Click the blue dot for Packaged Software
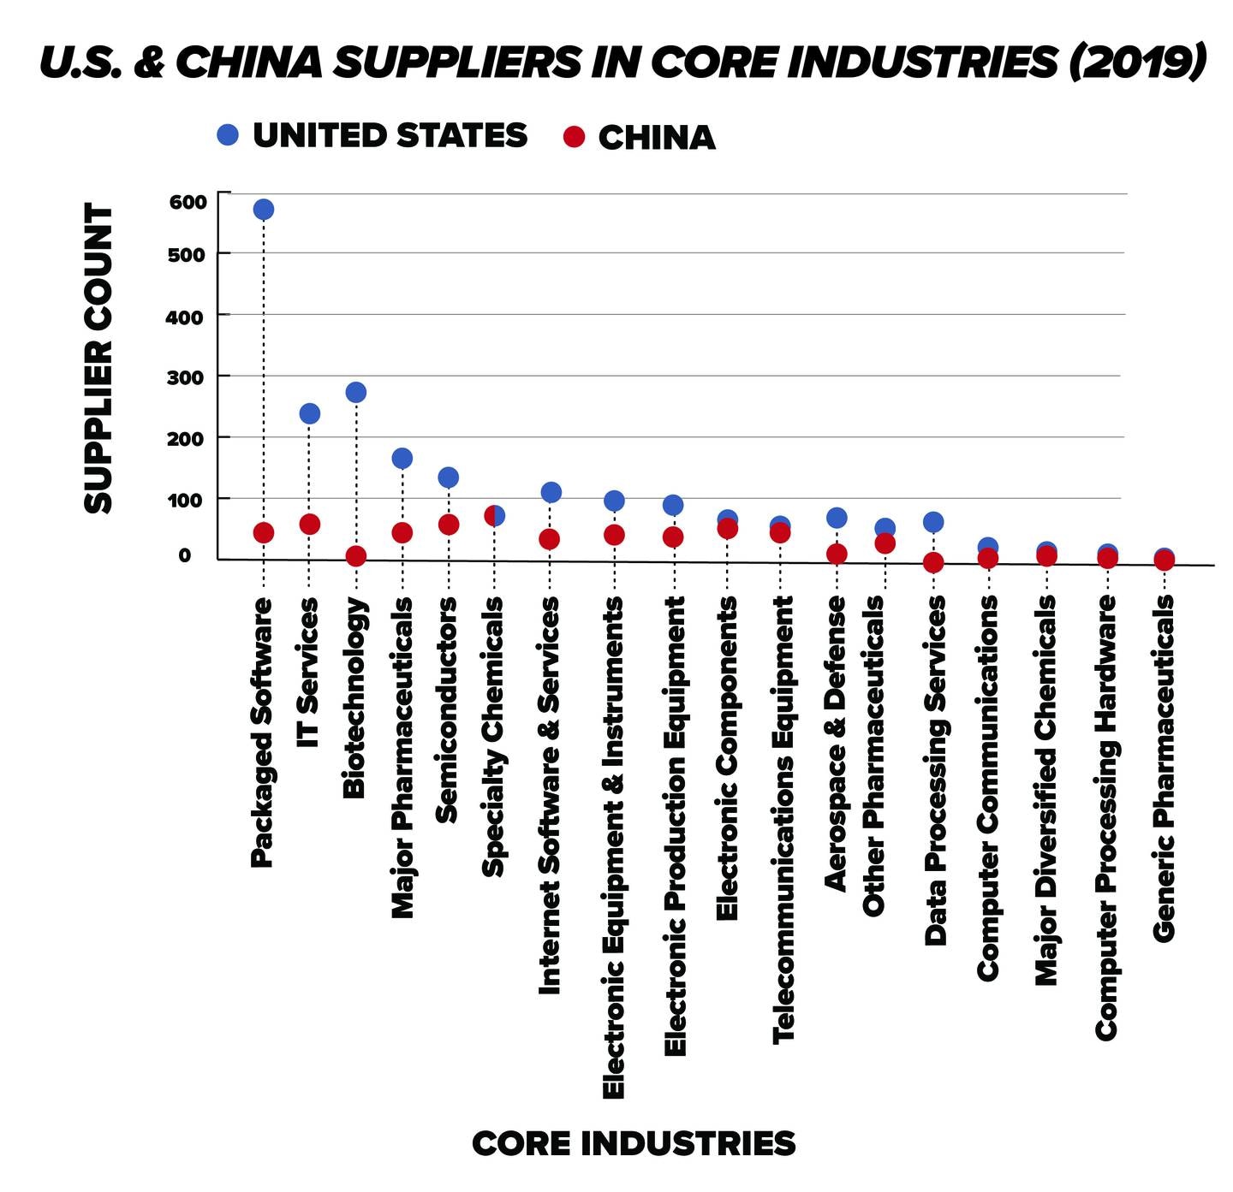(x=264, y=210)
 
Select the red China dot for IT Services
(x=310, y=525)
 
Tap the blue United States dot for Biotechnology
(x=356, y=393)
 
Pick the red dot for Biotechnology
(x=356, y=556)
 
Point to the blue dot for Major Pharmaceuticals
(x=402, y=459)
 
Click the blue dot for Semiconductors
(x=449, y=477)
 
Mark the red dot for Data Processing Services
(x=933, y=563)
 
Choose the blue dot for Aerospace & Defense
(x=837, y=518)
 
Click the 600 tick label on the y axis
(x=188, y=203)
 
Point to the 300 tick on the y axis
(x=188, y=377)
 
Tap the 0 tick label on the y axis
(x=184, y=555)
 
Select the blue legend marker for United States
(x=228, y=135)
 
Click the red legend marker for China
(x=575, y=137)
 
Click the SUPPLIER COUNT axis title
(x=99, y=359)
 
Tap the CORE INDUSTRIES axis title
(x=634, y=1143)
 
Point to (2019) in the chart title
(x=1136, y=62)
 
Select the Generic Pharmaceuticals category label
(x=1164, y=768)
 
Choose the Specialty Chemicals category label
(x=494, y=737)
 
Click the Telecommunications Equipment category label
(x=783, y=819)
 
